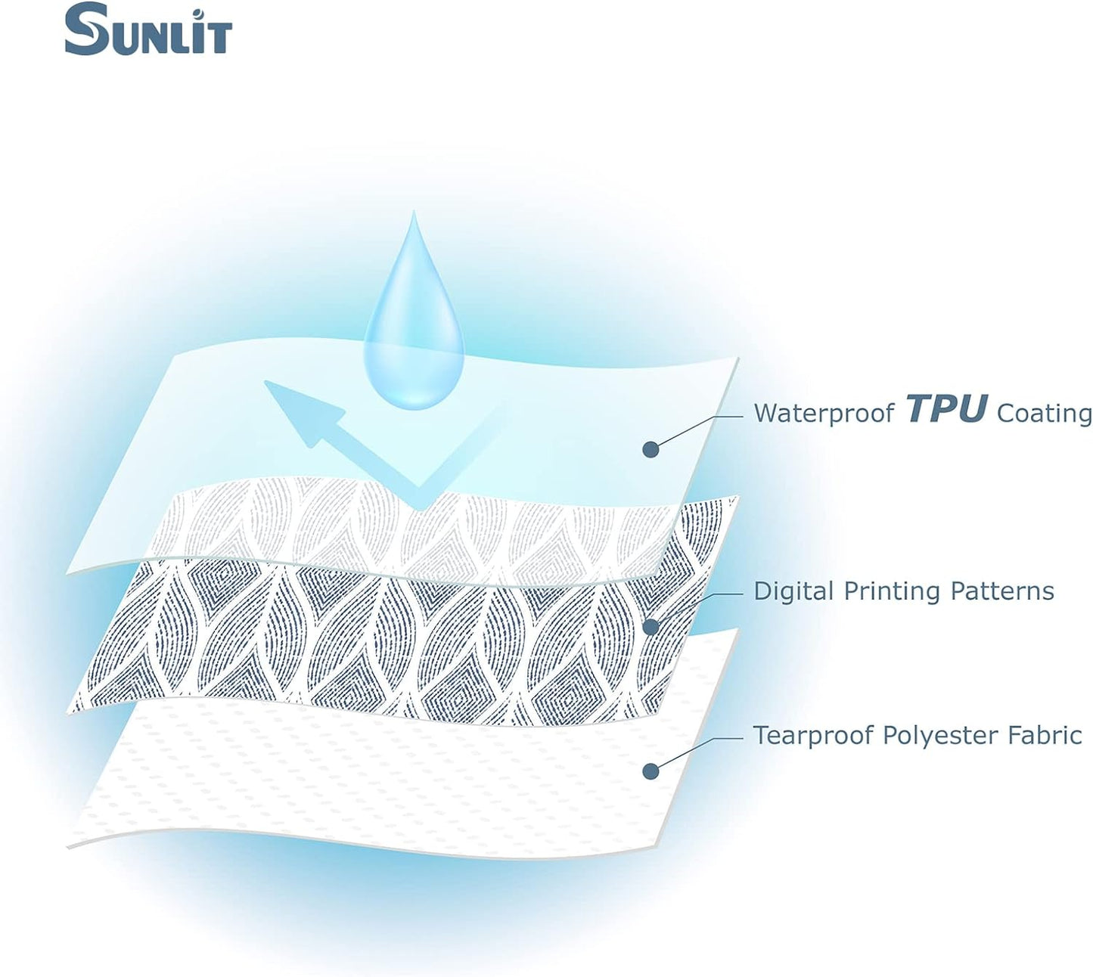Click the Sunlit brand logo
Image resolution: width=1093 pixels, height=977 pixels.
click(148, 30)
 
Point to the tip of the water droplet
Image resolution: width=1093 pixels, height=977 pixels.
click(413, 216)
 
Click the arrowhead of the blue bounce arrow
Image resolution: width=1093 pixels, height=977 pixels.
click(299, 408)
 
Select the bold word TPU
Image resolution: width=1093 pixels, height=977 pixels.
click(946, 409)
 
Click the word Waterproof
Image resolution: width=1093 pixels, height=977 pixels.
click(824, 413)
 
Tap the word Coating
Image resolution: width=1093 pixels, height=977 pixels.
click(1045, 413)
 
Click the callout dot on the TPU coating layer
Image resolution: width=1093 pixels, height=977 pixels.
click(651, 449)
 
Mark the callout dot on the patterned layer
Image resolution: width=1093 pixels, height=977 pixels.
click(651, 626)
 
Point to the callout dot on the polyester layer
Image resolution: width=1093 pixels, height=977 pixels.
click(651, 771)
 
